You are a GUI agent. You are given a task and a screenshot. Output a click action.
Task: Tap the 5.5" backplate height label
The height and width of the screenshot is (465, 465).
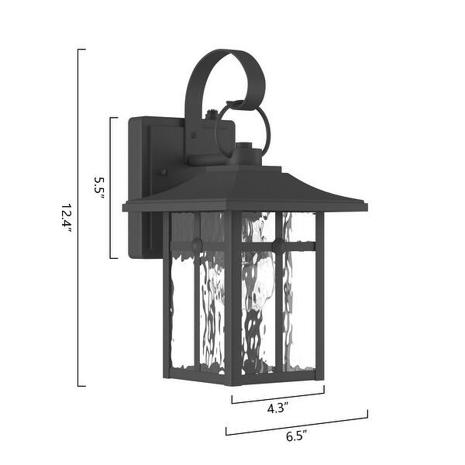[x=99, y=188]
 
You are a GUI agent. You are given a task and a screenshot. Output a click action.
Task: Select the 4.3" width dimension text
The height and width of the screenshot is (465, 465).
[x=277, y=408]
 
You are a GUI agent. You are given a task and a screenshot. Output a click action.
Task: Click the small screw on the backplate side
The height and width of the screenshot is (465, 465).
[x=164, y=173]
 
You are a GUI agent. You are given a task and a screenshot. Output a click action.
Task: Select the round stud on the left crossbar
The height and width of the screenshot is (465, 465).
[x=197, y=245]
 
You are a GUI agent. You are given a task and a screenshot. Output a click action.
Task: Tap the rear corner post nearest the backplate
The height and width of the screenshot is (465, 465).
[x=167, y=294]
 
